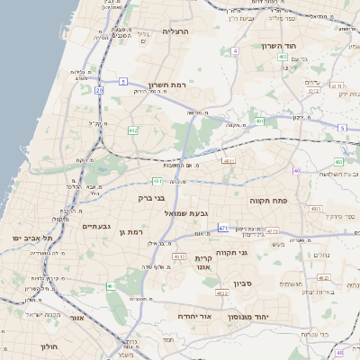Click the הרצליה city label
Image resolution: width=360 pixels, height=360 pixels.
(x=181, y=31)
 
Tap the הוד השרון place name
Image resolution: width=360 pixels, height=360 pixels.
(x=280, y=45)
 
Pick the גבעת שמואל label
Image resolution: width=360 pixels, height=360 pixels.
(x=186, y=213)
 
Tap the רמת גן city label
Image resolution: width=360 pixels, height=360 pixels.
(x=132, y=232)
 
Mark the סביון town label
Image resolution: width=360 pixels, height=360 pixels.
(x=243, y=284)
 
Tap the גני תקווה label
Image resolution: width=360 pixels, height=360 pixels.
(x=244, y=253)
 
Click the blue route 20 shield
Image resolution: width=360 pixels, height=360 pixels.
(x=99, y=90)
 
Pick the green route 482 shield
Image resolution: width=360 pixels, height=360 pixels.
(x=133, y=130)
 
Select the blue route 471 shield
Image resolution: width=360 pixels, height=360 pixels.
(x=222, y=228)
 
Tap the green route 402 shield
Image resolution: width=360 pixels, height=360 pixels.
(x=283, y=57)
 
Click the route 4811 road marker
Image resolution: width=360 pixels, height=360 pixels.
(x=228, y=161)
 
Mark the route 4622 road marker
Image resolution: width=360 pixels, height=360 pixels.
(x=222, y=292)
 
